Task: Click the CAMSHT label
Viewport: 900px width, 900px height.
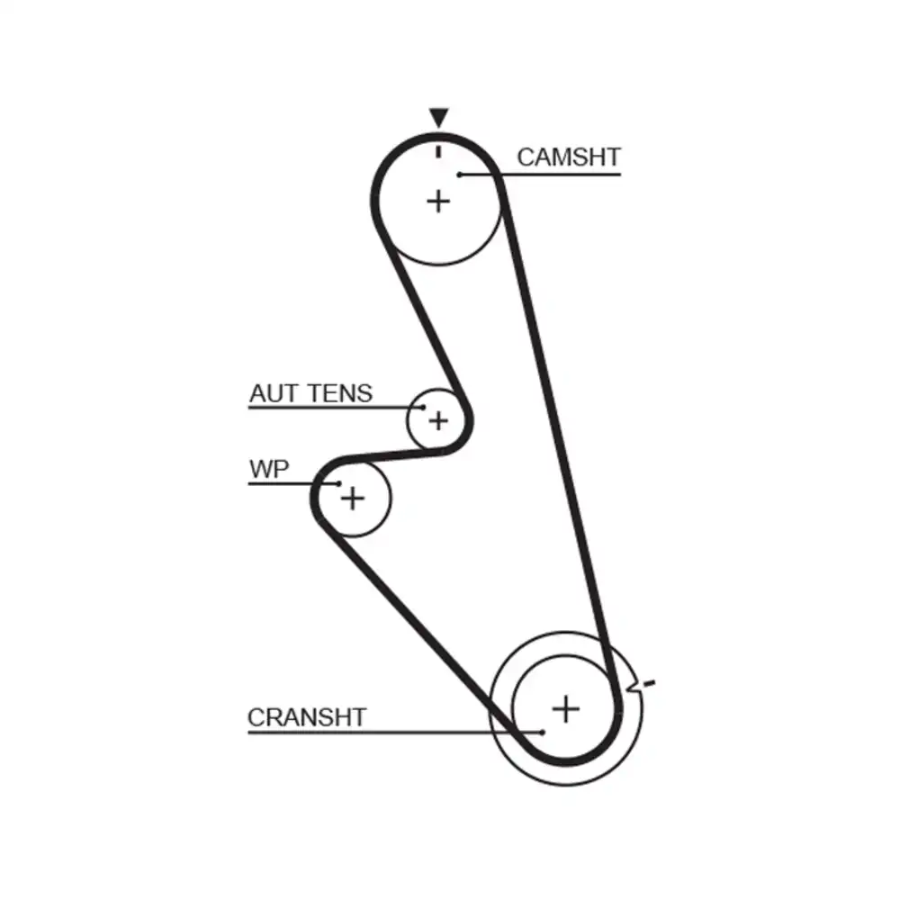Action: [568, 157]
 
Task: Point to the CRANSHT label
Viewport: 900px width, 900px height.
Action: [307, 717]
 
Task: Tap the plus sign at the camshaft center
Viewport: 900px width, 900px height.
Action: [438, 200]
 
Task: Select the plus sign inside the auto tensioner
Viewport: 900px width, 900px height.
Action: [438, 419]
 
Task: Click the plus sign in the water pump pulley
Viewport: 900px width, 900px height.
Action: [354, 497]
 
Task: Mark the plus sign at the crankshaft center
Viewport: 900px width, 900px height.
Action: [565, 709]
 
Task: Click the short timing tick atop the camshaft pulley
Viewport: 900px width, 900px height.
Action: [438, 150]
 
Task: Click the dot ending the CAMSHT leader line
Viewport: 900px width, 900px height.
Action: [459, 174]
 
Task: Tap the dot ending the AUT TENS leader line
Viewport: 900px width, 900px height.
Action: [423, 409]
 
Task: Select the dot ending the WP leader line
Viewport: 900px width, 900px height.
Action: [338, 484]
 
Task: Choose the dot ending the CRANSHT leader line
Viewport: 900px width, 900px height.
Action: [543, 732]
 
